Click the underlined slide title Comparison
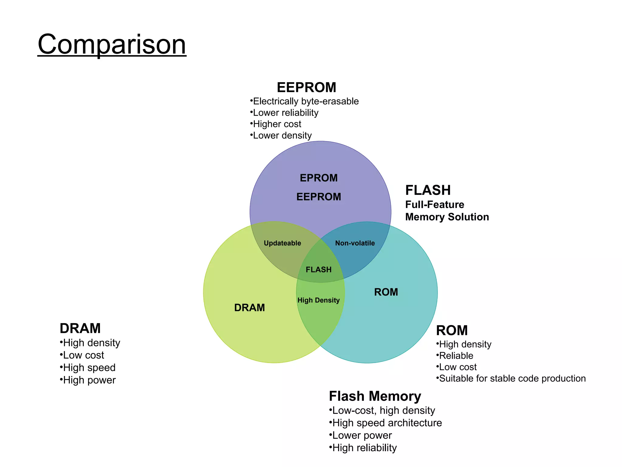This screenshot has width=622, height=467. pos(112,44)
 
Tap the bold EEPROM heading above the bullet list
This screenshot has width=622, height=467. pos(306,88)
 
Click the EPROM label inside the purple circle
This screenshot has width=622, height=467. pos(319,178)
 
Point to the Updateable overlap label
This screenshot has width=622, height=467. pos(282,243)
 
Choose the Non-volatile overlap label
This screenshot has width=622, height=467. pos(355,243)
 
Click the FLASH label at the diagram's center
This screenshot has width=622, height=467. pos(319,270)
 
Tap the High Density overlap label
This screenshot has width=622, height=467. pos(319,300)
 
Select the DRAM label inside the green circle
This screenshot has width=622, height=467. pos(250,308)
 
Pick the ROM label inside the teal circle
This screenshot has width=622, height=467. pos(386,292)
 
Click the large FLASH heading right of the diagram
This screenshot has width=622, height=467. pos(428,190)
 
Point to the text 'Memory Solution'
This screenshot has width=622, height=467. pos(447,217)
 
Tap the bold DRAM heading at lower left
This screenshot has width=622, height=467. pos(80,328)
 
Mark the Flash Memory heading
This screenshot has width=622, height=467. pos(375,396)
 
